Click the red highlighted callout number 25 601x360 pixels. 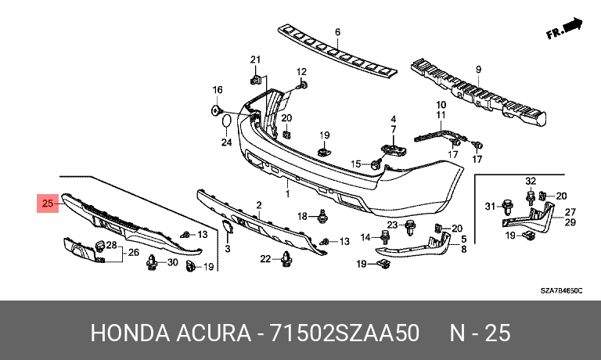click(x=48, y=206)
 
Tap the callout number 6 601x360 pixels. click(x=338, y=32)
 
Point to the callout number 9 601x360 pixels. click(x=478, y=68)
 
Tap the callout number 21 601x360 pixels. click(x=254, y=60)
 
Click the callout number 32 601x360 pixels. click(x=530, y=182)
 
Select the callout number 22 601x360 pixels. click(x=265, y=259)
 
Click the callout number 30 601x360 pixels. click(x=173, y=263)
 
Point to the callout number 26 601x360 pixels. click(x=134, y=252)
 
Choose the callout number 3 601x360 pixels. click(x=229, y=249)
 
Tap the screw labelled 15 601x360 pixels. click(x=376, y=164)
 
